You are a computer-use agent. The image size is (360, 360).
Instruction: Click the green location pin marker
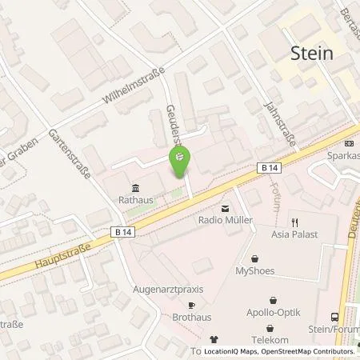click(180, 162)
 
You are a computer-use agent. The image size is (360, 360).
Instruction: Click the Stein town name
click(311, 54)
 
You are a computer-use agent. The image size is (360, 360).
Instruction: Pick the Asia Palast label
click(294, 235)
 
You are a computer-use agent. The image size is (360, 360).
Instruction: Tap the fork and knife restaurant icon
click(295, 222)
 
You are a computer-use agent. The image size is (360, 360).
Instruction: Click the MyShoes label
click(254, 270)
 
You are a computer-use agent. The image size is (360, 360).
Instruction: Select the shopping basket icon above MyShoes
click(254, 258)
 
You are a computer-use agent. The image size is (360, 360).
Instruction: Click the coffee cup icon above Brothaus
click(190, 305)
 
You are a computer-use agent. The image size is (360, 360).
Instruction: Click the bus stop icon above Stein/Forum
click(334, 316)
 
